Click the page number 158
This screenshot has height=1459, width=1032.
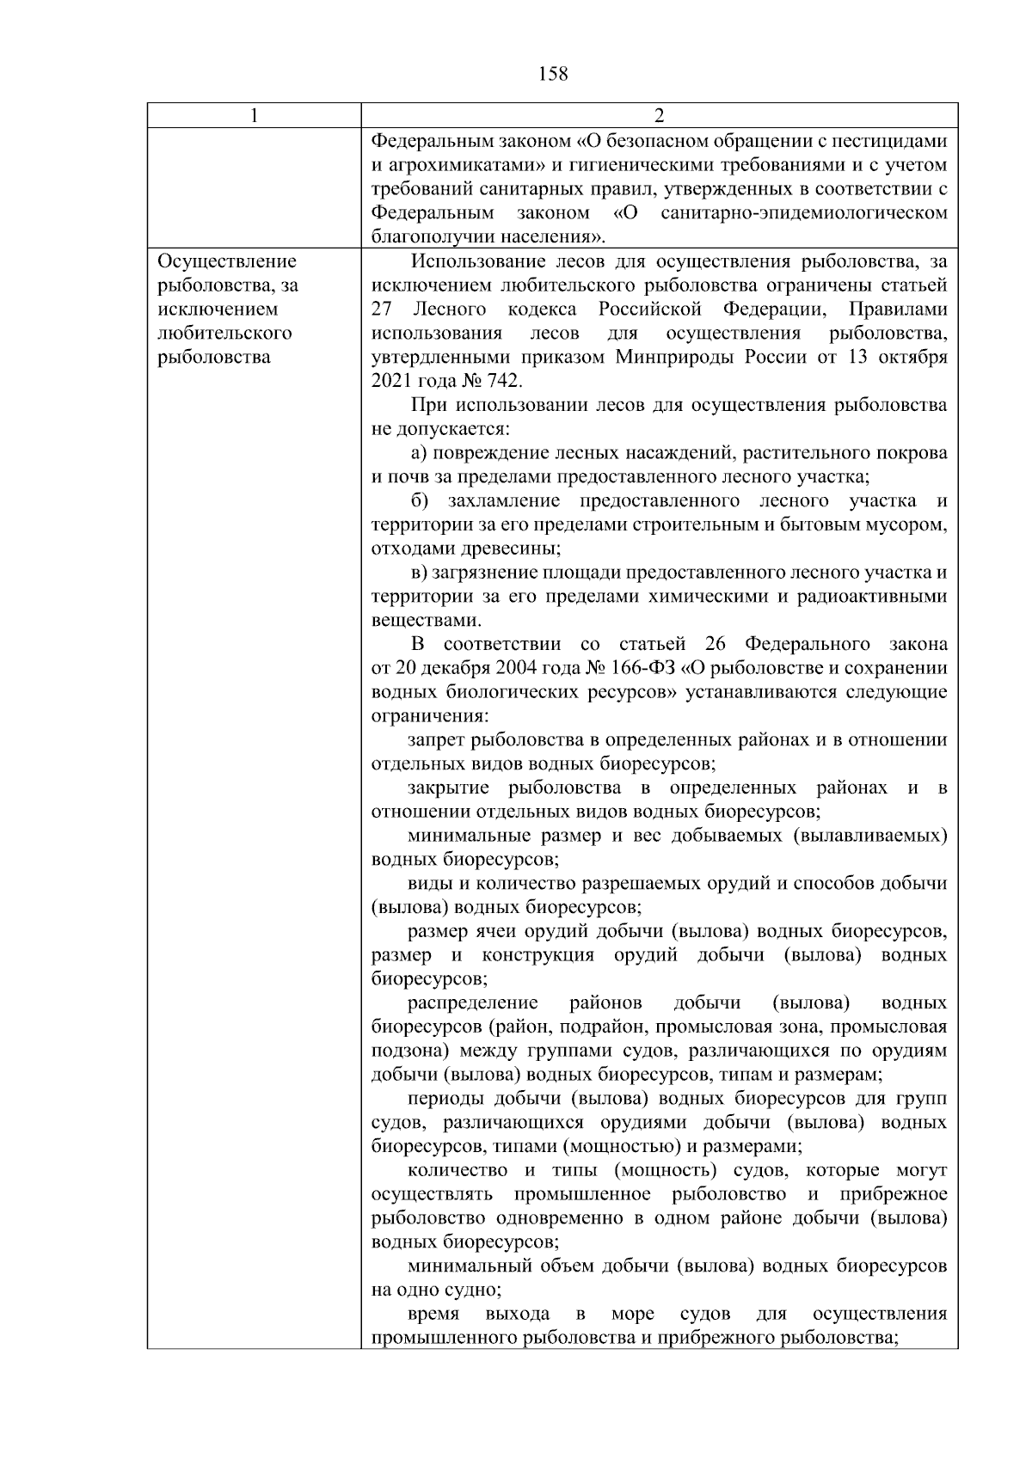click(552, 74)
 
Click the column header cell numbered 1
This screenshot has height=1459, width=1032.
click(254, 116)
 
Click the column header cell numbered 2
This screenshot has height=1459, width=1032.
click(659, 116)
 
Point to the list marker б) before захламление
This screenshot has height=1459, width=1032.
click(420, 500)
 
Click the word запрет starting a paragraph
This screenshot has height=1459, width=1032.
click(436, 740)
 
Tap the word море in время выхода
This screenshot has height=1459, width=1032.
click(632, 1315)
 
